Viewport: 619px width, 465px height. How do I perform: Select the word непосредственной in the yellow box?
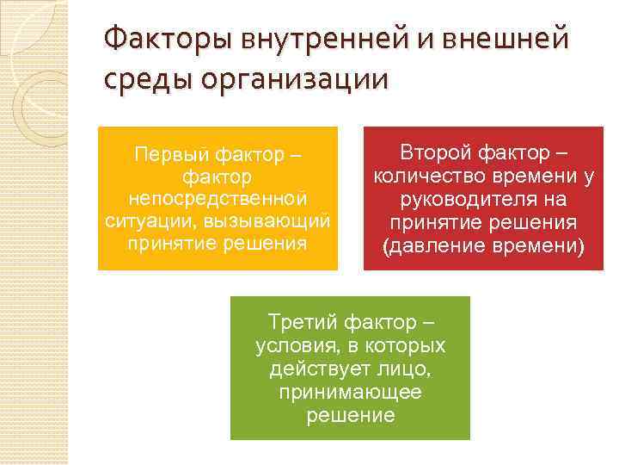click(217, 199)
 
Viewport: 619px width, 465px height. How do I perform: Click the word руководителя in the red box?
click(454, 200)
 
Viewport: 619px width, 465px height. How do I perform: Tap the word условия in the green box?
click(291, 346)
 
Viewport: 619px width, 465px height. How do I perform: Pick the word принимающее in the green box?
click(350, 393)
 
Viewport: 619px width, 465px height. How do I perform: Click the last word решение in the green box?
click(350, 416)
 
